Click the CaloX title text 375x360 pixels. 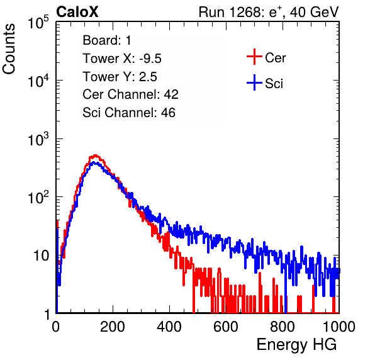coord(77,12)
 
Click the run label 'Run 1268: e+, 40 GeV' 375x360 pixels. coord(269,12)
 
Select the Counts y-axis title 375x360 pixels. coord(9,48)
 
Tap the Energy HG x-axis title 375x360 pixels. coord(296,345)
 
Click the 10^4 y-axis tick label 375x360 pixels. coord(38,81)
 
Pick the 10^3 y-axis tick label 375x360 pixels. coord(38,139)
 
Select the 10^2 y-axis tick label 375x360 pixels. coord(38,198)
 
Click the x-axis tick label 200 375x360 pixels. coord(113,327)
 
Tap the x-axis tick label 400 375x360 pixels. coord(169,327)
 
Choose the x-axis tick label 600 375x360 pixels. coord(226,327)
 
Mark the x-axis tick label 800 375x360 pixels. coord(283,327)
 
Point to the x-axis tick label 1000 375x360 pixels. coord(339,327)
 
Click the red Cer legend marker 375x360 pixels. coord(254,57)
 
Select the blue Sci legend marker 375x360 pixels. coord(254,83)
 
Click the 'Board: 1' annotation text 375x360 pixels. coord(107,40)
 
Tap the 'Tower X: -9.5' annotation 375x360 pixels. coord(122,59)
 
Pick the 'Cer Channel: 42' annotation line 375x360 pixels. coord(130,94)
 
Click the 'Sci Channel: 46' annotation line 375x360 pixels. coord(129,113)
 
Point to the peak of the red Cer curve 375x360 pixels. coord(95,155)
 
